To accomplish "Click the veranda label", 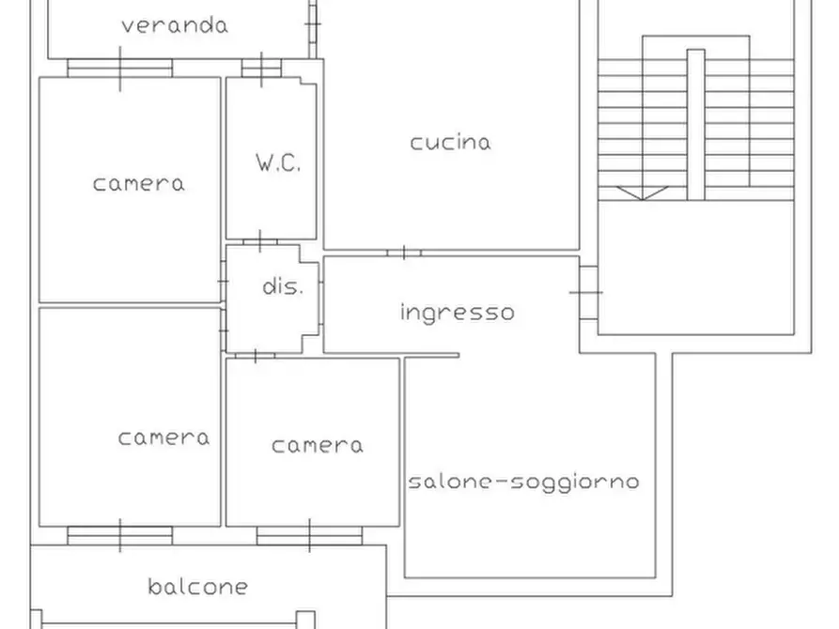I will [x=174, y=25].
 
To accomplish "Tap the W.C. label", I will [x=278, y=162].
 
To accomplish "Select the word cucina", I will [x=450, y=143].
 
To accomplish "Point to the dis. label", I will [x=282, y=287].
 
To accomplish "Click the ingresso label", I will [x=457, y=312].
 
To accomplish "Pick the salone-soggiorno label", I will [x=523, y=482].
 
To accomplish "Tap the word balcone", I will [x=198, y=588].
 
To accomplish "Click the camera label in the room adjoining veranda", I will [x=138, y=183].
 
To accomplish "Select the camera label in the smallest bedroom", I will [x=317, y=445].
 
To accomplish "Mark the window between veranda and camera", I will [x=120, y=68].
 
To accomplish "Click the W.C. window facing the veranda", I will [x=260, y=68].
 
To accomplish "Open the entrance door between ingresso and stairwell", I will [x=587, y=292].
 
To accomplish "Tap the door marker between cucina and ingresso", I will [x=403, y=253].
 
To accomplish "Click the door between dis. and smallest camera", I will [x=255, y=356].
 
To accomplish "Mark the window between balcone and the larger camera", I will [x=120, y=535].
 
